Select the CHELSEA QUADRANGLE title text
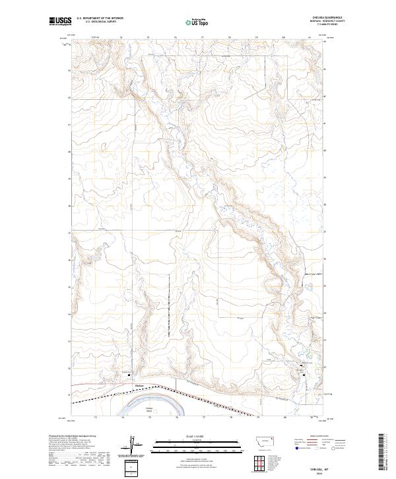pos(322,18)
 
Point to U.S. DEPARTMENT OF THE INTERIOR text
pos(100,18)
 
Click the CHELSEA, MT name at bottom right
pos(321,466)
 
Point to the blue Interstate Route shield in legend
pos(295,447)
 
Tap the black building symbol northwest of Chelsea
pos(128,376)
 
